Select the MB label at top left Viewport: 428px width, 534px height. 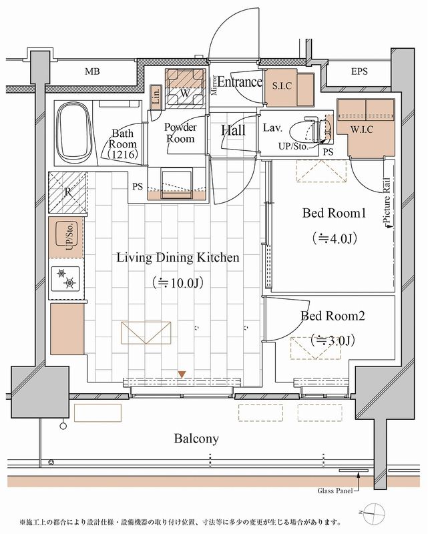coord(93,71)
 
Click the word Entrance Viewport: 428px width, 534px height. coord(239,82)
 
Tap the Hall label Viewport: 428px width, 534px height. coord(234,129)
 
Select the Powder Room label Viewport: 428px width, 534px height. coord(180,133)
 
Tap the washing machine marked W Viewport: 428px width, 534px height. coord(184,88)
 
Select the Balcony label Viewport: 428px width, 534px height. coord(196,439)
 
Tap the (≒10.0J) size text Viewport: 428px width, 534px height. coord(178,282)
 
